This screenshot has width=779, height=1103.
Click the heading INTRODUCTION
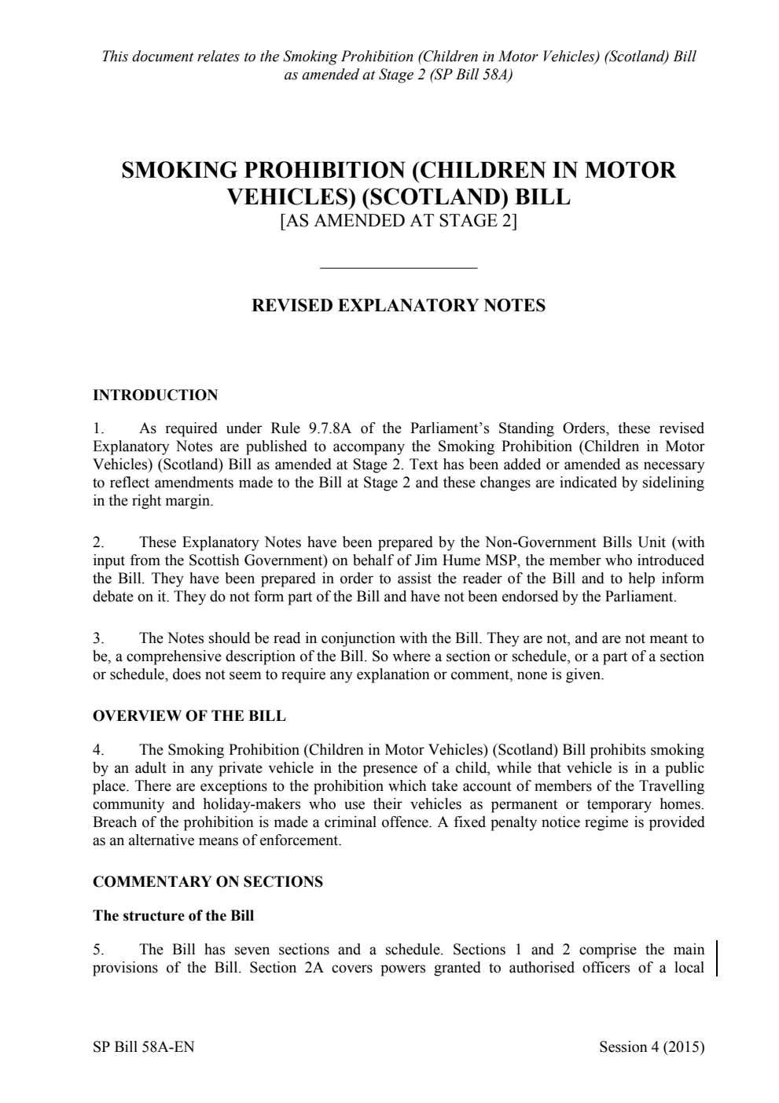(155, 395)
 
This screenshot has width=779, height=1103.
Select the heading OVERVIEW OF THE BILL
(189, 716)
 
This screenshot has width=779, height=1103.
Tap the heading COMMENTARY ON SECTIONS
(208, 882)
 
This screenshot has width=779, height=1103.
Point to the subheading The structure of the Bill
(173, 916)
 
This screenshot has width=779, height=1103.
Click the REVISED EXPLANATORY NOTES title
(398, 306)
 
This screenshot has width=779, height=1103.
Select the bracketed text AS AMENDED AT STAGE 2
(399, 221)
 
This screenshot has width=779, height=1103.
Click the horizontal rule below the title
(399, 269)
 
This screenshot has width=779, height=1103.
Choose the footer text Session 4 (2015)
(651, 1047)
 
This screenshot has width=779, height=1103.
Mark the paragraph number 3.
(97, 638)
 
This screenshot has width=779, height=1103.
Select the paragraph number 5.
(97, 950)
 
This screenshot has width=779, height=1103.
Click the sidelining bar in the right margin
(717, 958)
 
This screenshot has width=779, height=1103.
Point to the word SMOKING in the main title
(179, 171)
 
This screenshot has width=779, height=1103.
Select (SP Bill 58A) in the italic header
(472, 75)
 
